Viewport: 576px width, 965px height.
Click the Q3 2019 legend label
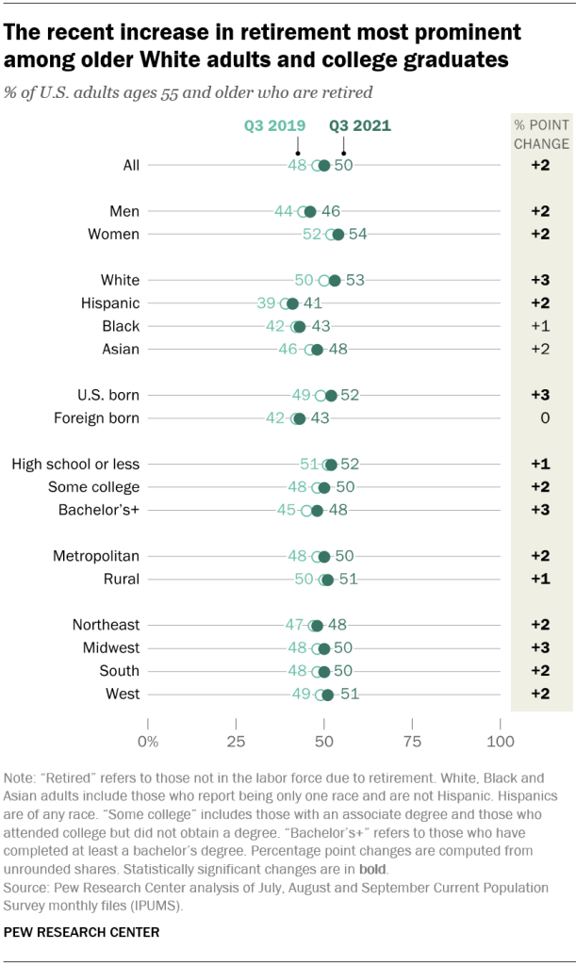click(274, 125)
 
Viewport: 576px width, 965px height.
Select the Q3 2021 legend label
click(359, 125)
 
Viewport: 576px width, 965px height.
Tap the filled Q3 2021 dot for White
click(334, 280)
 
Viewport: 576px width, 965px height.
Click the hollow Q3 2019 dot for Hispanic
click(286, 303)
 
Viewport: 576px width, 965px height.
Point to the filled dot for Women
click(337, 234)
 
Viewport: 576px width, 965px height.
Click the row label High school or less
click(75, 464)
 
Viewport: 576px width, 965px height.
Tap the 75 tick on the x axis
click(412, 740)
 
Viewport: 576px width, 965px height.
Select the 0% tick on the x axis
click(148, 740)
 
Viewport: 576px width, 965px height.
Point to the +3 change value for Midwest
click(540, 647)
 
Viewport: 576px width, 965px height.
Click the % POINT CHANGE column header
click(540, 135)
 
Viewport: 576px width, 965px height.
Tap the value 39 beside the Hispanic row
click(266, 303)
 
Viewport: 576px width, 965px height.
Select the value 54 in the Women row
click(357, 234)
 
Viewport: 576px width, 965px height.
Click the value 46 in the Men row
click(330, 211)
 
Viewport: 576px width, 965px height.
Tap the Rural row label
click(122, 579)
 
